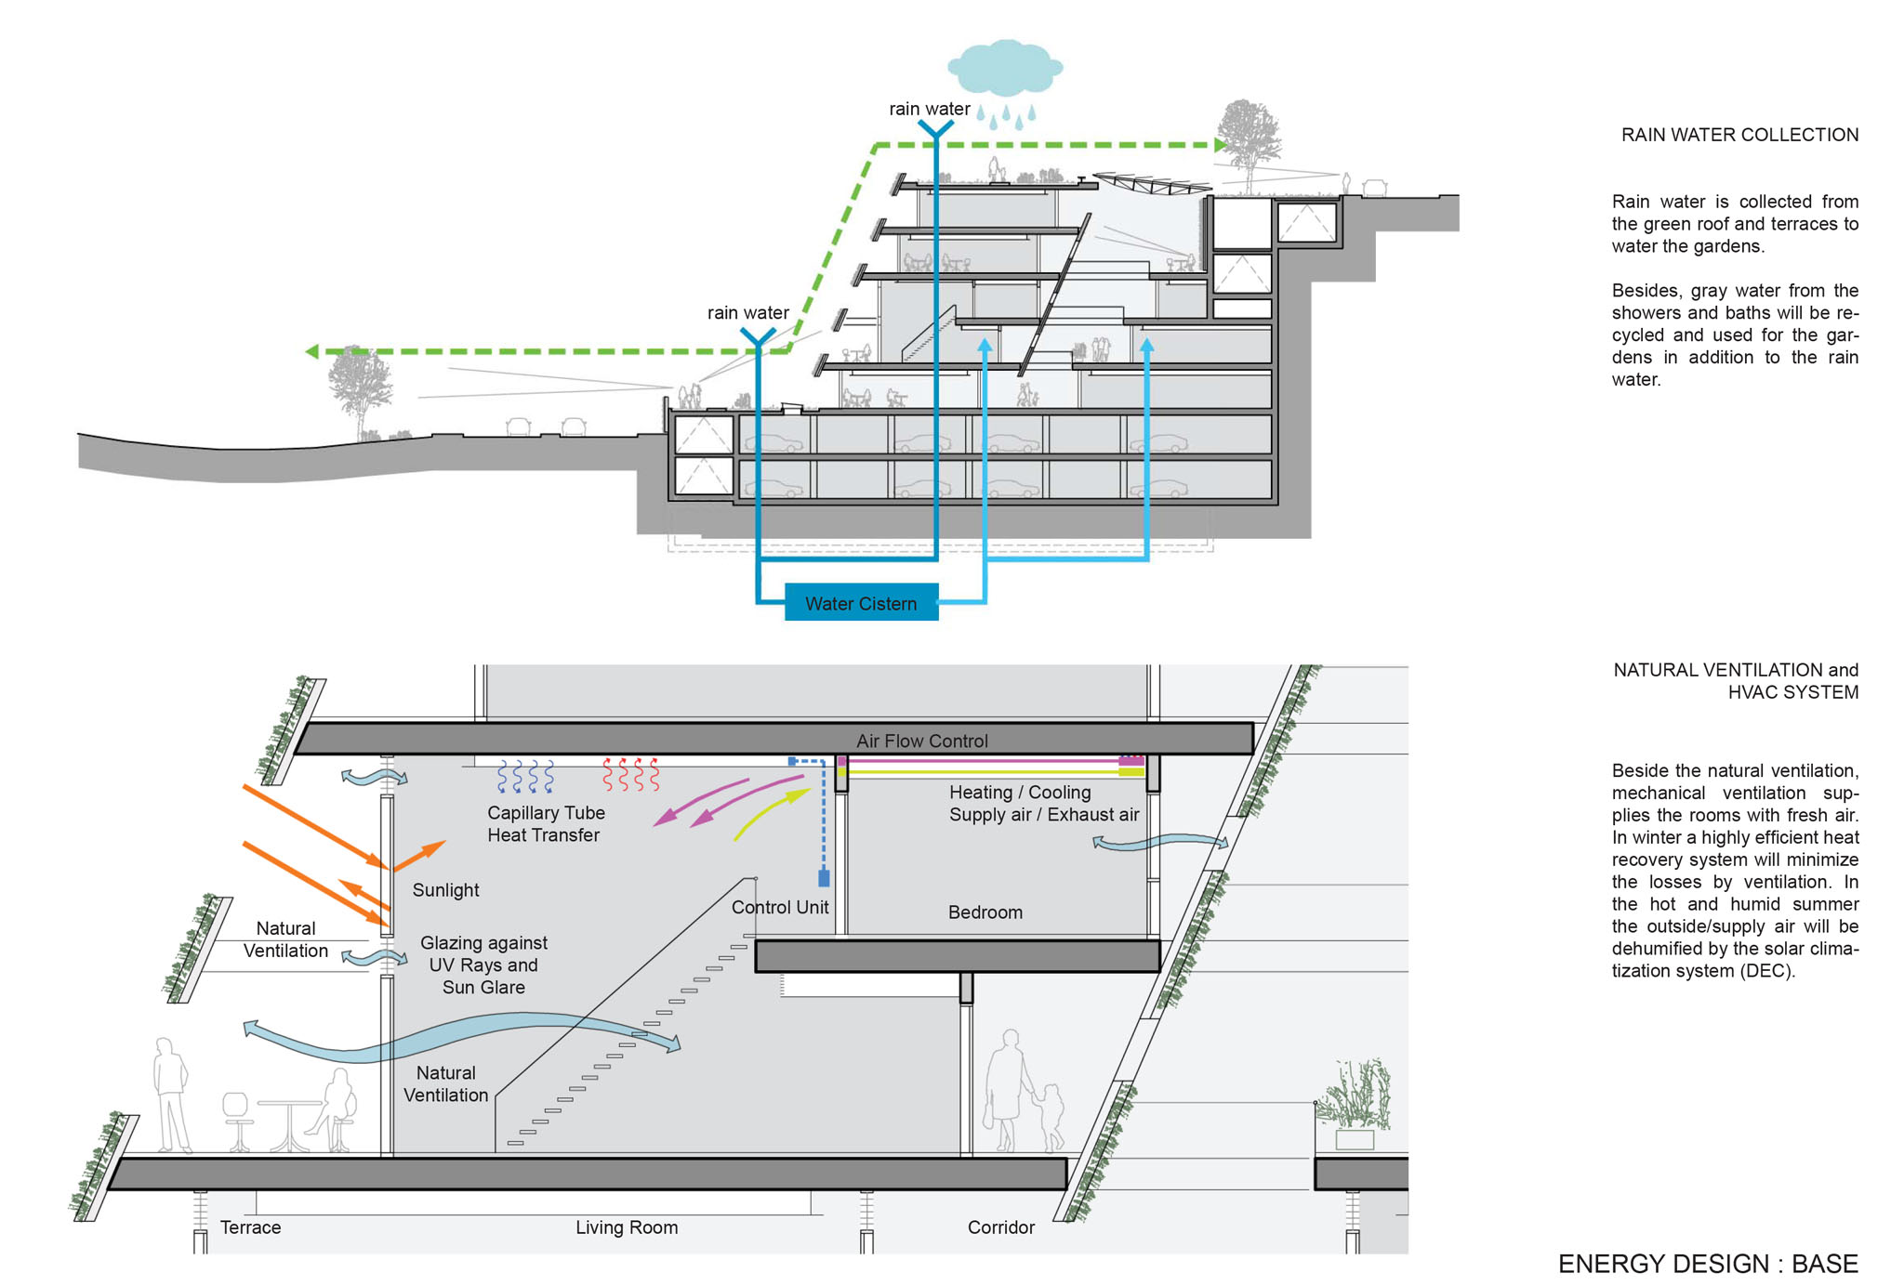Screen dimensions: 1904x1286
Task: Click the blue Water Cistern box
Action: pos(861,602)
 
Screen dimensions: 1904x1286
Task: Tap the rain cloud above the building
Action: pos(1004,67)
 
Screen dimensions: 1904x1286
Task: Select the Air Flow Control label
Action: pos(921,741)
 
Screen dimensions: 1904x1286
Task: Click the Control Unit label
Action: pos(780,907)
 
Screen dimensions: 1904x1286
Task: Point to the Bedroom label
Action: pos(985,912)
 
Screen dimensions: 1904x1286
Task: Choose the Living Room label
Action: pos(627,1227)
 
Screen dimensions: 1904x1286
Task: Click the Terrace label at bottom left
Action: pos(250,1227)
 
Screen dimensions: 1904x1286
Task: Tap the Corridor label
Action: pos(1000,1227)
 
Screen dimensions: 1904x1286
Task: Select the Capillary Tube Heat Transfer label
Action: pos(546,824)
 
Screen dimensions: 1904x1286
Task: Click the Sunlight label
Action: pos(445,890)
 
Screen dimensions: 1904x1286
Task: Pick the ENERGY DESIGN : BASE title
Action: pos(1708,1264)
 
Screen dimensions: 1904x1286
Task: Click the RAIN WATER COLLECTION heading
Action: pos(1739,135)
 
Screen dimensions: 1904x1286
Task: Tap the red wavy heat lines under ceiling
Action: pos(631,774)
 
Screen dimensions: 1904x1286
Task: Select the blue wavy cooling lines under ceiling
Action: pos(526,776)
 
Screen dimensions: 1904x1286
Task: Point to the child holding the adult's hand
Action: pos(1051,1118)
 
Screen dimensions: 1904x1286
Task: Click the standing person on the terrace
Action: pos(171,1096)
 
